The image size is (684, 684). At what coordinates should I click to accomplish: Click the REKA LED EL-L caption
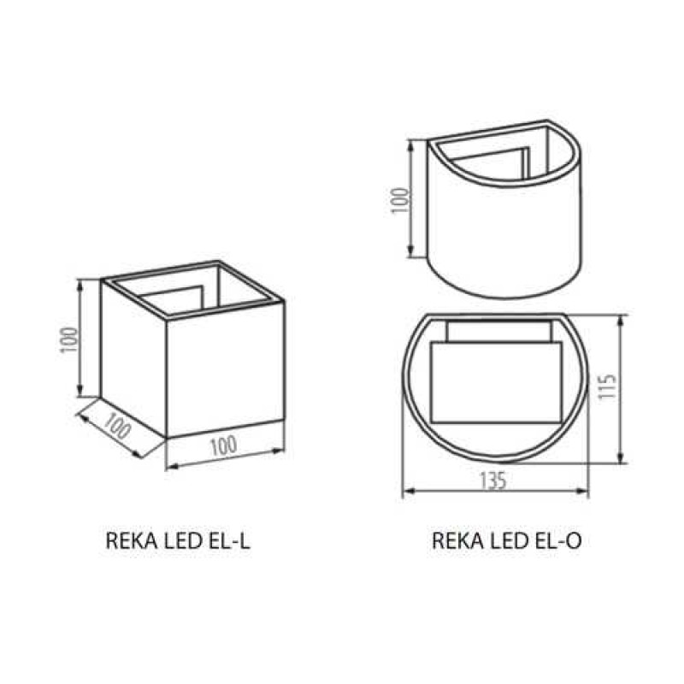[178, 541]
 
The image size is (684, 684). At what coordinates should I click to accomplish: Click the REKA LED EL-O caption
[507, 541]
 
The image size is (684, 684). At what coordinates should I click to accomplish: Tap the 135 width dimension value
[493, 481]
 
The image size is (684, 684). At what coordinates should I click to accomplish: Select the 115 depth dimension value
[607, 386]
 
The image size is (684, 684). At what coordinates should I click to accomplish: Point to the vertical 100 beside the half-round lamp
[400, 200]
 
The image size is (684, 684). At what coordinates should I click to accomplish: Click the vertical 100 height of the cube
[70, 339]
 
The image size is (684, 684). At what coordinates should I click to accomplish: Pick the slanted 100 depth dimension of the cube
[117, 425]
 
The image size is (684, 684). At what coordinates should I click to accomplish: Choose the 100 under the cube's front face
[224, 445]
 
